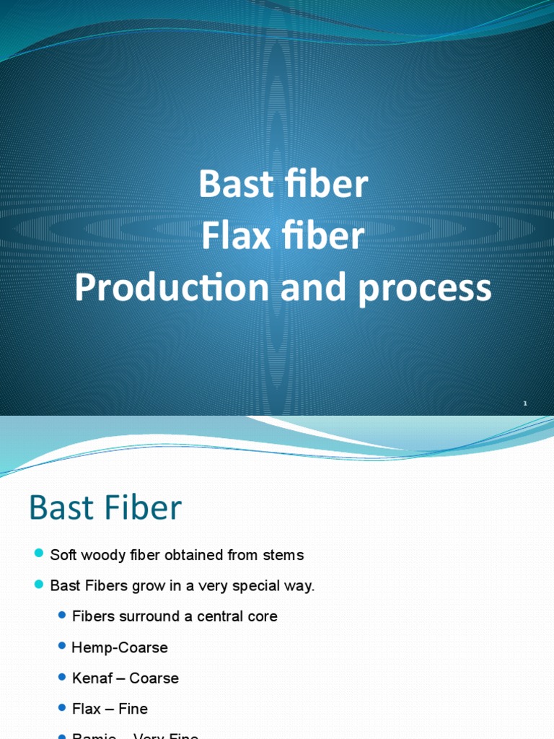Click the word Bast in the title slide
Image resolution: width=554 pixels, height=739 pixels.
[x=233, y=185]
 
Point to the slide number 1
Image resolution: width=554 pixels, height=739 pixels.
[x=525, y=403]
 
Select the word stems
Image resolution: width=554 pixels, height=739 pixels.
[x=283, y=555]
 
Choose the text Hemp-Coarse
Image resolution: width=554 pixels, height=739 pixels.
[x=120, y=647]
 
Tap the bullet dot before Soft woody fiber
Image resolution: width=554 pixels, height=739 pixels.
[x=39, y=554]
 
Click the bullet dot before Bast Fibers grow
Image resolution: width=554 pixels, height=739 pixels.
[x=39, y=585]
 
